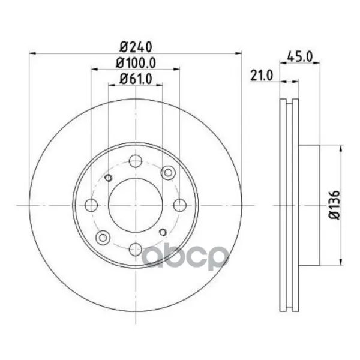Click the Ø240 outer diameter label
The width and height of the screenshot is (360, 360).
point(136,47)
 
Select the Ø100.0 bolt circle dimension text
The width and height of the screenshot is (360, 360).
point(136,62)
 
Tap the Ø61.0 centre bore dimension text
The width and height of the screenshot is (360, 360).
point(136,79)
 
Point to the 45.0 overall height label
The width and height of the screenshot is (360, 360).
point(300,56)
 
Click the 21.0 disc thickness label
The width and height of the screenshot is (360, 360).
point(262,76)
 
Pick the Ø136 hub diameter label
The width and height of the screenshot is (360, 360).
point(334,205)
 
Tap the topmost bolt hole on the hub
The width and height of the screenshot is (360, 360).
point(136,161)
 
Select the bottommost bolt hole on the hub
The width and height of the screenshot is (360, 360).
point(136,249)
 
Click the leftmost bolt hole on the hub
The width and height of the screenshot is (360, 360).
point(91,205)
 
